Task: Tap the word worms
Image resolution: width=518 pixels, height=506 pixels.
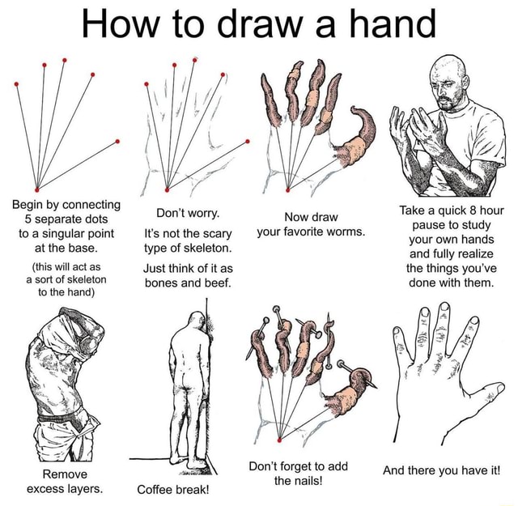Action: (x=341, y=232)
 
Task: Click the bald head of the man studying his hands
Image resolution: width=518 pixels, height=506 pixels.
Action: (x=446, y=71)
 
